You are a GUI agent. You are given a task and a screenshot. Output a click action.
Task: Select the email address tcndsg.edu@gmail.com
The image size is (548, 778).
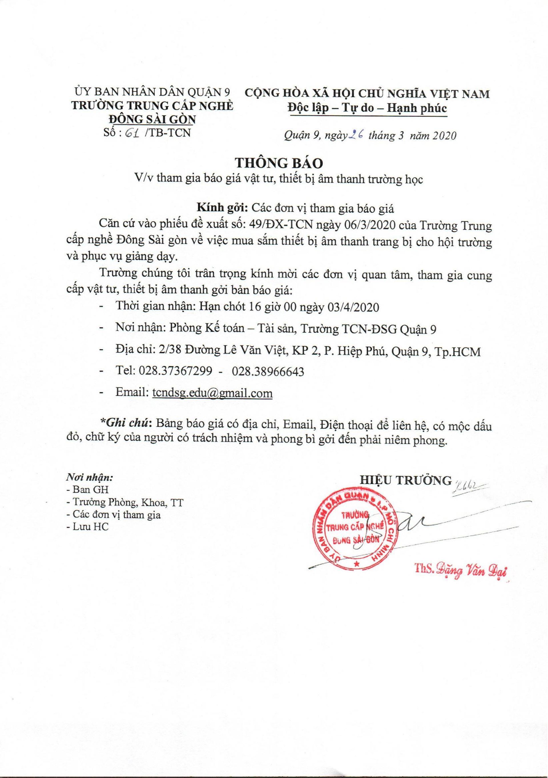click(211, 393)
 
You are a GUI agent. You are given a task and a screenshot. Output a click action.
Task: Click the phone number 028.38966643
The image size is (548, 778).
click(268, 372)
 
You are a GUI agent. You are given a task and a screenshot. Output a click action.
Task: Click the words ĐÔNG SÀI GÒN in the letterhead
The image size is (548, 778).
click(151, 120)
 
